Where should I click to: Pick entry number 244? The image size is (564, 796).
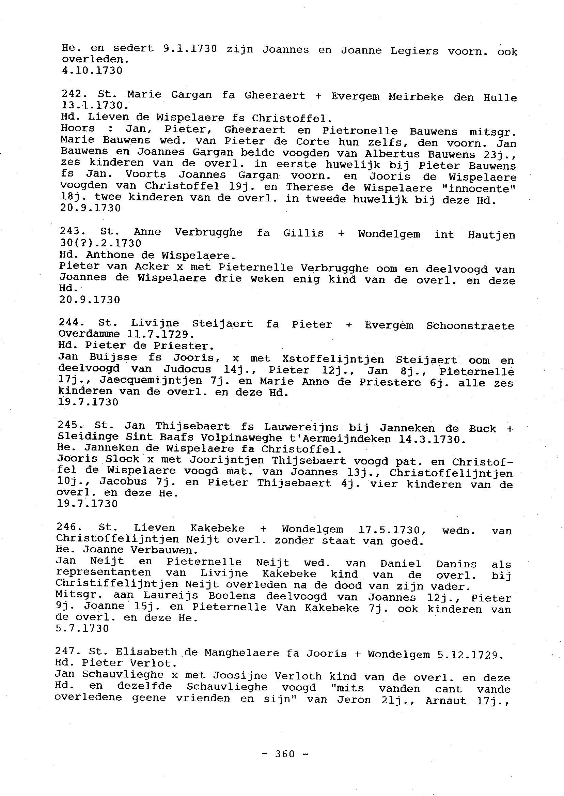click(x=69, y=322)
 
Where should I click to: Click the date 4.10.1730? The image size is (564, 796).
click(x=92, y=71)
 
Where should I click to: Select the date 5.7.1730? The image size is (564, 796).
click(x=82, y=629)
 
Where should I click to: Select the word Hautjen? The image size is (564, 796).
click(x=491, y=235)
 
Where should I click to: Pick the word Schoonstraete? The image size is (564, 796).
click(x=470, y=326)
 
